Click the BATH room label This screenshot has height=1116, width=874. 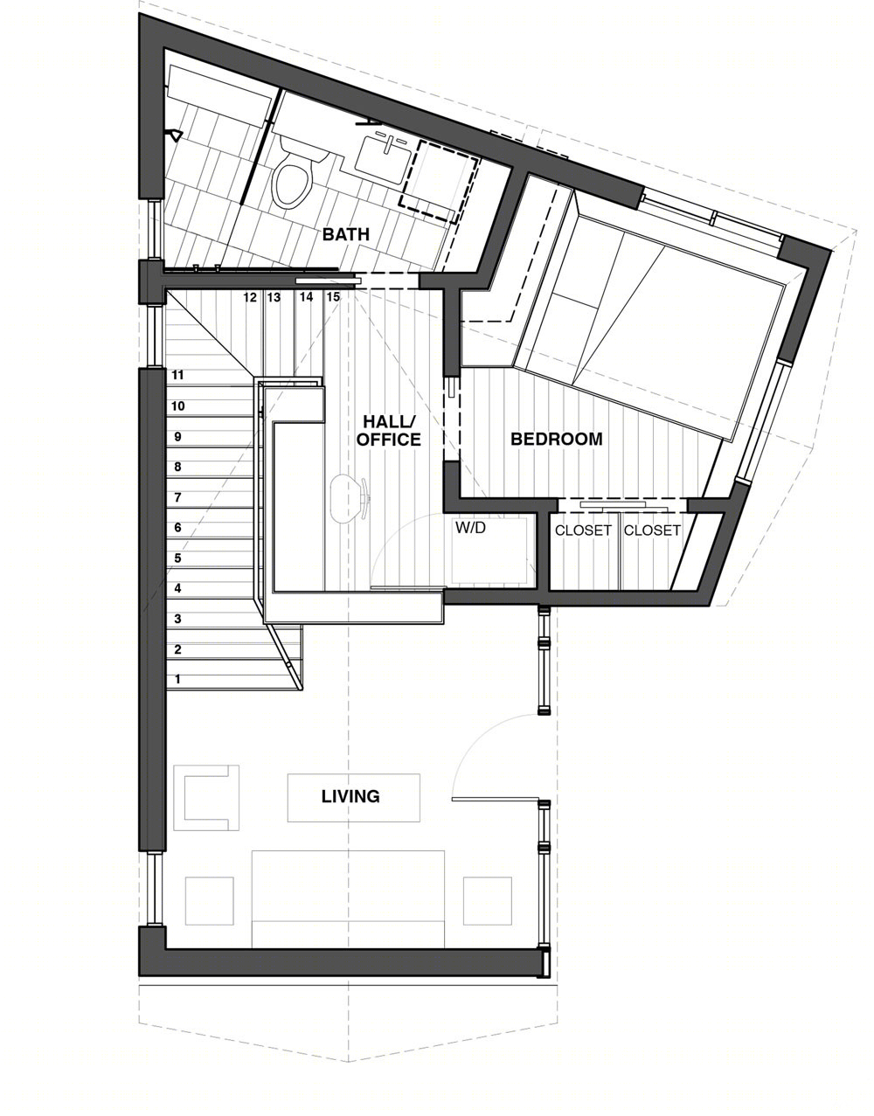point(345,234)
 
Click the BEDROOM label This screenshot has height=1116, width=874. point(556,439)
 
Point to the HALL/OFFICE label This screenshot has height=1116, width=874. point(388,430)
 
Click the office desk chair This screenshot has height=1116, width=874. point(350,497)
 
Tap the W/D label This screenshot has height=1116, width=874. point(470,528)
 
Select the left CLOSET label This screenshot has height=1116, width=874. point(583,530)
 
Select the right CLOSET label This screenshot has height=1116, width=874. point(652,530)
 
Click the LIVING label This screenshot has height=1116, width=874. point(350,796)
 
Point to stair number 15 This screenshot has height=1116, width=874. point(333,297)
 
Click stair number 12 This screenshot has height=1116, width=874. point(250,297)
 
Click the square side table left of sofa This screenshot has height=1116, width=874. point(210,901)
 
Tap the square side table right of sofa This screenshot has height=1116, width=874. point(488,901)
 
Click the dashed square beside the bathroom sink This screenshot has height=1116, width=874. point(440,181)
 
